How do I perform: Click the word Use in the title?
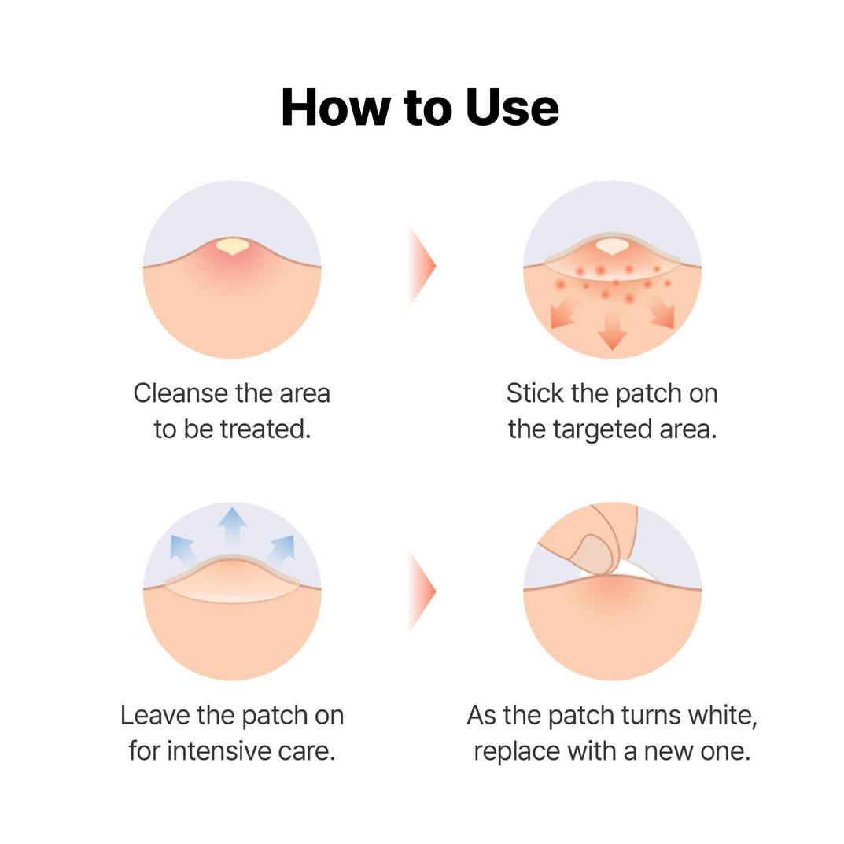pyautogui.click(x=512, y=108)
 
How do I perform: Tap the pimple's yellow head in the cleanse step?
pyautogui.click(x=231, y=246)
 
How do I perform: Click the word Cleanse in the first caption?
pyautogui.click(x=182, y=393)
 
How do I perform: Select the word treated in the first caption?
pyautogui.click(x=266, y=429)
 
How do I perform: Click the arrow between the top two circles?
pyautogui.click(x=422, y=266)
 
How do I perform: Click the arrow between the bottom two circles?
pyautogui.click(x=422, y=591)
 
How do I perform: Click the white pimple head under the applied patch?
pyautogui.click(x=610, y=247)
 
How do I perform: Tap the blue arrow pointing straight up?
pyautogui.click(x=232, y=525)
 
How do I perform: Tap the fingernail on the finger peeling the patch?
pyautogui.click(x=592, y=553)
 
